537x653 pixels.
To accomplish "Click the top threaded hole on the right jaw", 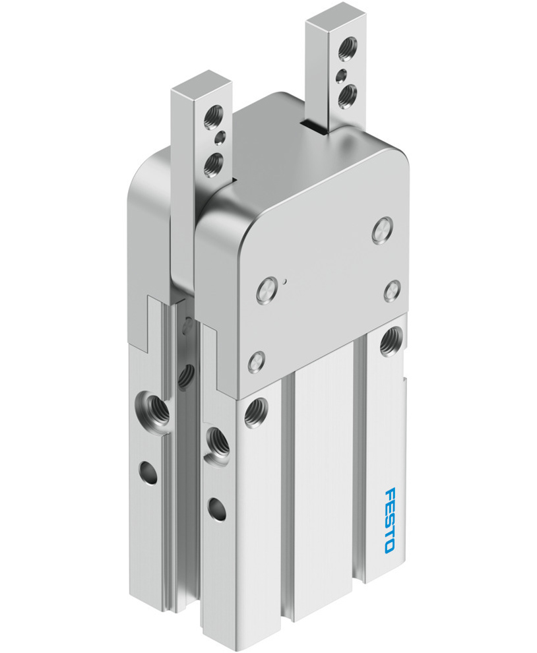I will (x=345, y=47).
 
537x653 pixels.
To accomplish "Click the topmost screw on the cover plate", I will (x=381, y=231).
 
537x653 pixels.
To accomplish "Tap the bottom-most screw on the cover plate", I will (x=255, y=361).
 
